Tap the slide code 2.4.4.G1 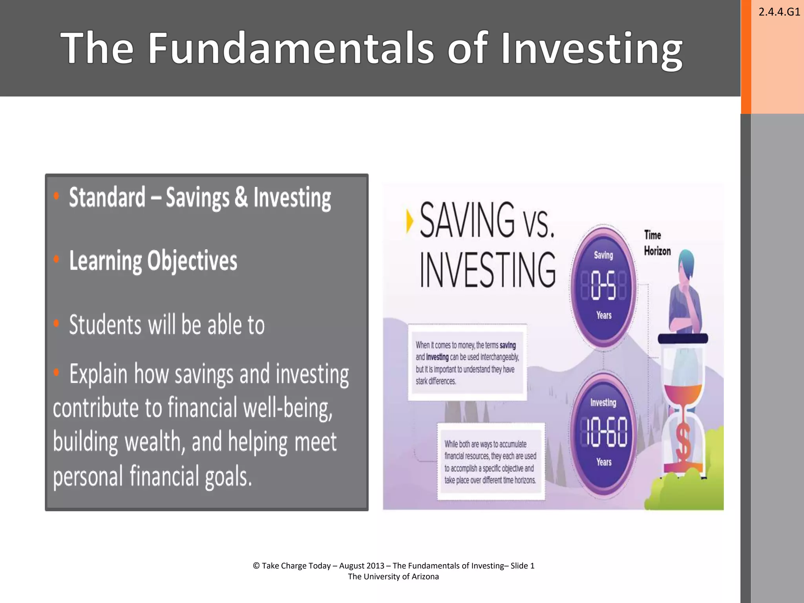pos(779,12)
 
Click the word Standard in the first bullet pos(107,197)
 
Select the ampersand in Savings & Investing pos(241,197)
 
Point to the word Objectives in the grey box pos(192,261)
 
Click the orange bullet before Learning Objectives pos(57,259)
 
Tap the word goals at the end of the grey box pos(228,477)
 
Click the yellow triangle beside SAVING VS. pos(409,221)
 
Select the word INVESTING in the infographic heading pos(488,270)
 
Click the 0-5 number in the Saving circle pos(603,285)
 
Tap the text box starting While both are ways pos(490,462)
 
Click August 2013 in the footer pos(362,566)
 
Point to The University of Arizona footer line pos(393,577)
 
